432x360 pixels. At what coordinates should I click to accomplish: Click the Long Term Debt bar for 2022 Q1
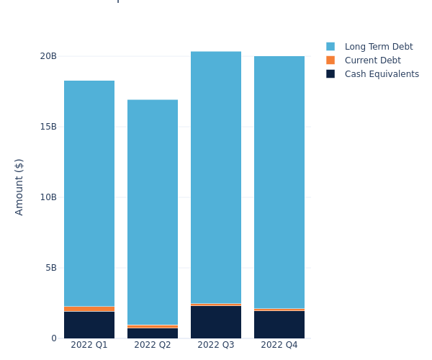pos(89,193)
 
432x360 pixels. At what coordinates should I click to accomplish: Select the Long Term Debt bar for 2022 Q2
pos(153,212)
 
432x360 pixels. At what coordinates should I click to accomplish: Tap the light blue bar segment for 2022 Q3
pos(216,177)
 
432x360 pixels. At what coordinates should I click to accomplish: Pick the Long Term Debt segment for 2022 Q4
pos(279,182)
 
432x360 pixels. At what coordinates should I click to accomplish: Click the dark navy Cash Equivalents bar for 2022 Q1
pos(89,325)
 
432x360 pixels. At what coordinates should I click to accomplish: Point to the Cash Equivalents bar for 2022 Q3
pos(216,322)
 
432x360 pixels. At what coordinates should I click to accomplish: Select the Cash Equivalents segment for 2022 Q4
pos(279,324)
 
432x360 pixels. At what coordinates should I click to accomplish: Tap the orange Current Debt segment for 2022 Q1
pos(89,309)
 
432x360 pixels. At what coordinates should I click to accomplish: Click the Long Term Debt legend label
pos(379,47)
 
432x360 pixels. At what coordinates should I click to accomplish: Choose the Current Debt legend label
pos(372,60)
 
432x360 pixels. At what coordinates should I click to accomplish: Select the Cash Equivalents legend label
pos(382,74)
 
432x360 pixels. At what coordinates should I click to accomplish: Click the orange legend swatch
pos(330,60)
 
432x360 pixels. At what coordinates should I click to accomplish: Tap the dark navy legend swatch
pos(330,74)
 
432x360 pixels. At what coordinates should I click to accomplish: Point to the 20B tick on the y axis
pos(48,56)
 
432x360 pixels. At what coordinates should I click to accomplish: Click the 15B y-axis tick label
pos(48,127)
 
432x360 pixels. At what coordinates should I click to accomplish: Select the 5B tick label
pos(50,268)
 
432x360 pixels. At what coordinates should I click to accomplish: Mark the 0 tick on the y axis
pos(53,338)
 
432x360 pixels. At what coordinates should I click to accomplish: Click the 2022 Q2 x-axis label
pos(153,345)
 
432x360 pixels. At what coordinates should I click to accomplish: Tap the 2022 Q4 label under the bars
pos(279,345)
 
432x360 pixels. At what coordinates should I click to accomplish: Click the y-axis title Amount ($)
pos(19,186)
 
